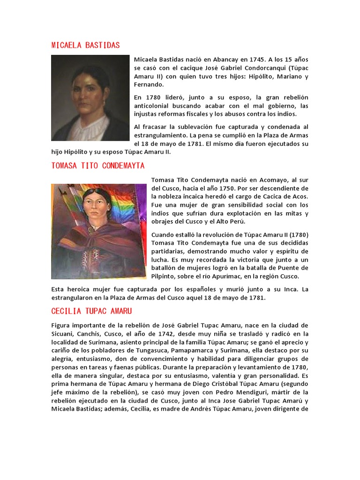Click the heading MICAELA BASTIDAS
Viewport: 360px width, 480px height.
click(85, 45)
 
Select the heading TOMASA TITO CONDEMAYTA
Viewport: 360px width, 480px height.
click(98, 166)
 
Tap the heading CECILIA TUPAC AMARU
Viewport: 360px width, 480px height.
click(91, 311)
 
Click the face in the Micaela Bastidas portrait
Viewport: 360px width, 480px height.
click(87, 94)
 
